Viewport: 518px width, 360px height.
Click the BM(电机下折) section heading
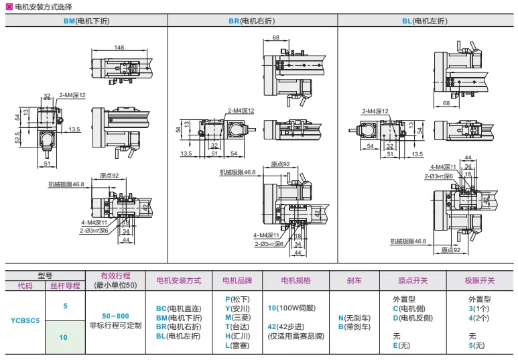(86, 21)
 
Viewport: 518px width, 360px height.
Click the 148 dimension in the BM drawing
(119, 48)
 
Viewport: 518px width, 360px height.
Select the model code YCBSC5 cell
(25, 321)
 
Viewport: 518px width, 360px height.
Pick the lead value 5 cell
(65, 306)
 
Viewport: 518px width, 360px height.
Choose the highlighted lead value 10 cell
(65, 337)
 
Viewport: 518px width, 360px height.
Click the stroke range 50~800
(115, 315)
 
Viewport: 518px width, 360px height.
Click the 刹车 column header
(354, 280)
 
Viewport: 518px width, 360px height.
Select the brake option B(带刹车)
(355, 326)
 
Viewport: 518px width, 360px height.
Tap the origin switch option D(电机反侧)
(413, 318)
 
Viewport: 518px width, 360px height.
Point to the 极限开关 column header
(479, 280)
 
